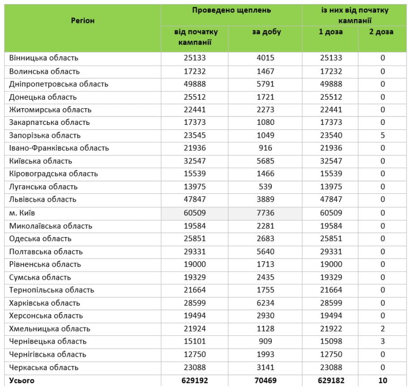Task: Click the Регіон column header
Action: tap(83, 21)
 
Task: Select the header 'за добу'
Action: tap(266, 32)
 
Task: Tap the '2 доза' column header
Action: tap(381, 32)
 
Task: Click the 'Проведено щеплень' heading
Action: tap(231, 10)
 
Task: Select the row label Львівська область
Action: tap(43, 200)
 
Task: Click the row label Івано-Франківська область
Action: tap(59, 148)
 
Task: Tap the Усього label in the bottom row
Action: tap(21, 381)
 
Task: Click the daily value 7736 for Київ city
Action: tap(265, 213)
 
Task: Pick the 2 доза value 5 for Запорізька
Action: tap(383, 135)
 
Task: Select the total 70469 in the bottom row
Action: tap(265, 381)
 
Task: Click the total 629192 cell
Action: tap(195, 381)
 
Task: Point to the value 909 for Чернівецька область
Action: tap(265, 341)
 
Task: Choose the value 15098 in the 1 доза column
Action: tap(331, 341)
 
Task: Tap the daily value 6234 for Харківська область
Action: tap(265, 303)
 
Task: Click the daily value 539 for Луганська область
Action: tap(265, 187)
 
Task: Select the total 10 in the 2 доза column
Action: tap(382, 381)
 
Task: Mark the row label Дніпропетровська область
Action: tap(59, 84)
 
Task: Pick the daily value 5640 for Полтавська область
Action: tap(265, 251)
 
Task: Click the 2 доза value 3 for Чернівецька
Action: tap(383, 341)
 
